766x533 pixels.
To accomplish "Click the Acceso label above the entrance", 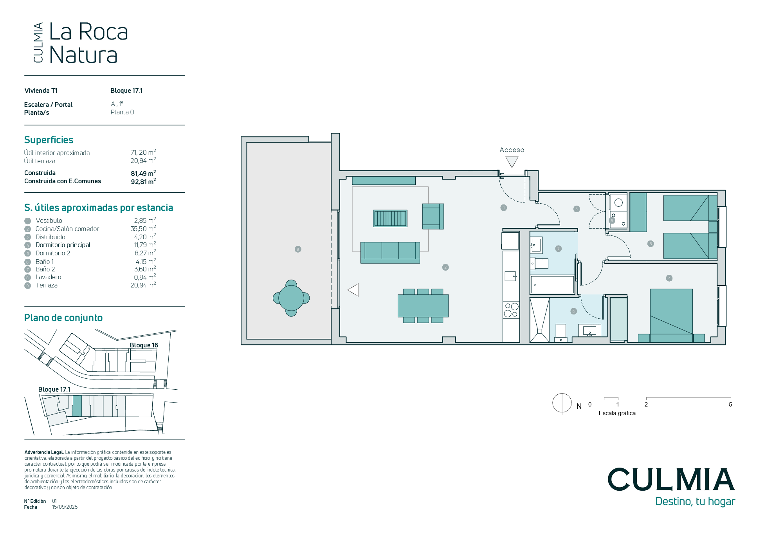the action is point(512,150).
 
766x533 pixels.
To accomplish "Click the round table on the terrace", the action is point(291,298).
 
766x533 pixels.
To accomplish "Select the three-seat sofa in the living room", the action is point(390,253).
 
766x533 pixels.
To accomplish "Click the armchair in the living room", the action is point(433,216).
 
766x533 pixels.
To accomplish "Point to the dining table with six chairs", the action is point(423,306).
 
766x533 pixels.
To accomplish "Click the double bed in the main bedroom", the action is point(671,316).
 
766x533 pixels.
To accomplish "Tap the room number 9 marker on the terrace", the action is point(298,249).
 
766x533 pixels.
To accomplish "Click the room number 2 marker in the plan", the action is point(445,267).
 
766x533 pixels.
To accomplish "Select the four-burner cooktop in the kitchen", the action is point(511,310).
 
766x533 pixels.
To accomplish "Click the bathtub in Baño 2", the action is point(552,285).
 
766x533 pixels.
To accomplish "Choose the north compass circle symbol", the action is point(562,403).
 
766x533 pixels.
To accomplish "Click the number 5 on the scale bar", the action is point(730,405).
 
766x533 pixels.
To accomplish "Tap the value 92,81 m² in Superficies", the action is point(143,181).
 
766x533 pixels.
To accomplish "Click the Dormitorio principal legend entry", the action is point(63,245).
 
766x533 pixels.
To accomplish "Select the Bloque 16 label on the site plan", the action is point(144,345).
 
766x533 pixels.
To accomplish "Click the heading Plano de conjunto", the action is point(63,318).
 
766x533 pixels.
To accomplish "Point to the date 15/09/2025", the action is point(65,507).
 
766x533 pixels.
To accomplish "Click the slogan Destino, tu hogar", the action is point(695,502).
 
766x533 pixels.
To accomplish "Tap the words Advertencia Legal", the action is point(44,452).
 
